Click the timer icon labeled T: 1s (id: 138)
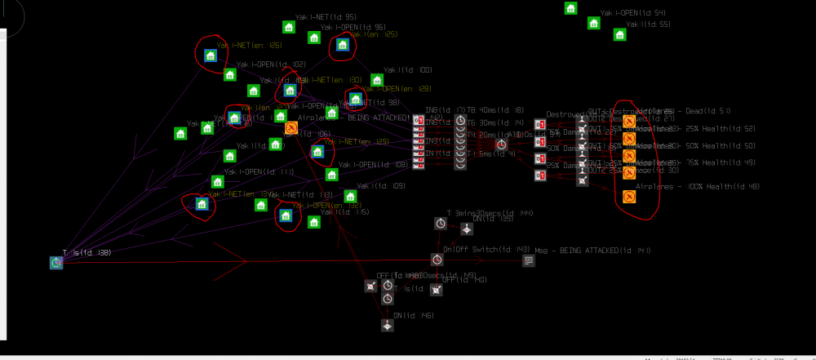point(55,262)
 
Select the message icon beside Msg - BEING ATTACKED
point(529,260)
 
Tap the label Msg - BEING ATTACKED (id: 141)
point(592,250)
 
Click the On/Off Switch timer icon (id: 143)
point(437,260)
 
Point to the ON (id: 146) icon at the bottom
point(388,325)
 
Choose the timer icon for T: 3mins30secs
point(440,223)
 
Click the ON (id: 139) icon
point(465,229)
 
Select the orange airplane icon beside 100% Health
point(629,197)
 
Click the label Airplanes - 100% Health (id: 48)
point(685,187)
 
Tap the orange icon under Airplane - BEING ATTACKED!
point(290,127)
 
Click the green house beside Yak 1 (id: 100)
point(377,80)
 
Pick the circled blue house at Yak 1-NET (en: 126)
point(210,56)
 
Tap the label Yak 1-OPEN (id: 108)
point(373,164)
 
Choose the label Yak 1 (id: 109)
point(382,186)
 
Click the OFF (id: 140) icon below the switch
point(437,290)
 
